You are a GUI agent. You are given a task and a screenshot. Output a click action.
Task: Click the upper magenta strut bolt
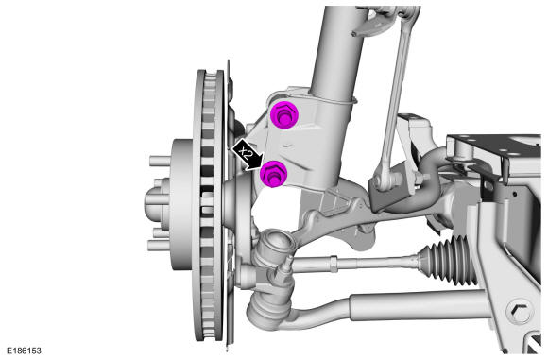click(283, 115)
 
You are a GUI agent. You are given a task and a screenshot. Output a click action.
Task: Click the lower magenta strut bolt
click(274, 174)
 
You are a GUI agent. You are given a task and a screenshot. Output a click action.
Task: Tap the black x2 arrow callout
click(247, 154)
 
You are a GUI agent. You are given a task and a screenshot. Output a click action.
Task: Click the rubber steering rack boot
click(447, 258)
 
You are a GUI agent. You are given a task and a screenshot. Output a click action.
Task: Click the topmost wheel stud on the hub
click(160, 162)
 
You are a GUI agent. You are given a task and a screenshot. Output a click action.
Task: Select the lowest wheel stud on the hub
click(159, 246)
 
